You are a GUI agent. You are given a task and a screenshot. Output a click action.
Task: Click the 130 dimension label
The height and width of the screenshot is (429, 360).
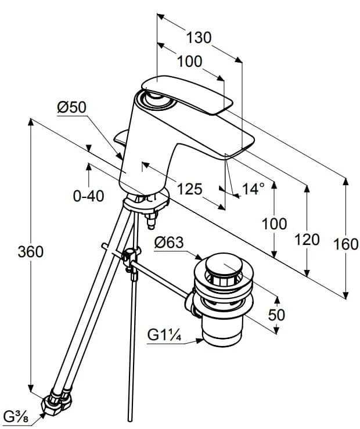199,38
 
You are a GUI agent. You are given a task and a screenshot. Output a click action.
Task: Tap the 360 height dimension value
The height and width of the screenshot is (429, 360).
31,252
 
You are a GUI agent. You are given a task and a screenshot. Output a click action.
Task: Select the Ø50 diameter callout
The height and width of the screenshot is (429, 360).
71,107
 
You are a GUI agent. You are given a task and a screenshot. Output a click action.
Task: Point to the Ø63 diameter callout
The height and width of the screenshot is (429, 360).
169,243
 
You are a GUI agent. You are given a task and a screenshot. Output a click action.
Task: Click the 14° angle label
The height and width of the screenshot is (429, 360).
254,189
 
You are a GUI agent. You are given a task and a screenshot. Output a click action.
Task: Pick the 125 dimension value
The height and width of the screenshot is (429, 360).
189,189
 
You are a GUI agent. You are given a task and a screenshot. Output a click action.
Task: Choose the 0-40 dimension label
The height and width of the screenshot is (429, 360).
89,196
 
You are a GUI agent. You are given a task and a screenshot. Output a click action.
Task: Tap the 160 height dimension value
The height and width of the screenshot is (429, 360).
346,244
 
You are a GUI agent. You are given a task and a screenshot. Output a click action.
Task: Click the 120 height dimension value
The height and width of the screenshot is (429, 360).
307,240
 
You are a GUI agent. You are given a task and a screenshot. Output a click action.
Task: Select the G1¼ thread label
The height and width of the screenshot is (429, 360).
164,334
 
